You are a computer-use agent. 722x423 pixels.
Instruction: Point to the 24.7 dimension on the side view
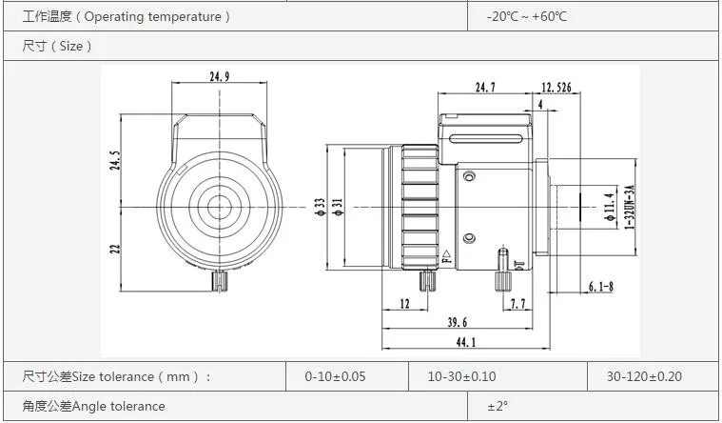tap(485, 87)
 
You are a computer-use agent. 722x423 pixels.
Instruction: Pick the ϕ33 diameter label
tap(322, 208)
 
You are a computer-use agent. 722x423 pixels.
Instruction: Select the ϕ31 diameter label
tap(338, 208)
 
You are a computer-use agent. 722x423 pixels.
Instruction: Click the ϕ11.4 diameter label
tap(610, 207)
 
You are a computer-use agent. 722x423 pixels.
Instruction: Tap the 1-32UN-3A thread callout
tap(629, 207)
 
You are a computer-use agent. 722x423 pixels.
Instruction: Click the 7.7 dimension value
tap(517, 304)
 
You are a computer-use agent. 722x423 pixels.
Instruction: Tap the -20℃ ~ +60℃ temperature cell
tap(526, 16)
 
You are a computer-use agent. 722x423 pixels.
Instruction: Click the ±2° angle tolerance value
tap(498, 407)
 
